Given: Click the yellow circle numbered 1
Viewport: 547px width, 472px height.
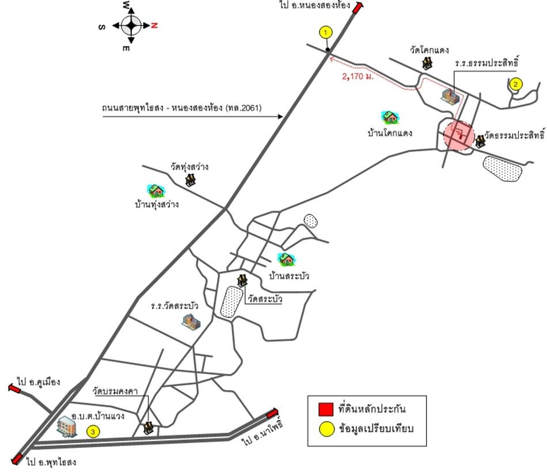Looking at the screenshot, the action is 325,32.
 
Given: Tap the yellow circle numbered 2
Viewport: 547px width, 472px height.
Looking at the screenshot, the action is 515,84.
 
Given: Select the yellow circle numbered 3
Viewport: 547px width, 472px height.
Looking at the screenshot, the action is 93,432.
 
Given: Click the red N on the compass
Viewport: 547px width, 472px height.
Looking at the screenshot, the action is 154,25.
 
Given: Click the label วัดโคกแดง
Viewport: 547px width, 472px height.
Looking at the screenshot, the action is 429,50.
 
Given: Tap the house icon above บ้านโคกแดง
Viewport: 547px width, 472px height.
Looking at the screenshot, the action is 390,118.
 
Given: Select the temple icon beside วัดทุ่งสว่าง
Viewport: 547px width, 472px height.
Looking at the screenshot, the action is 190,179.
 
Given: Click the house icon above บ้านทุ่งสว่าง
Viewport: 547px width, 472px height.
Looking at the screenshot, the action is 155,191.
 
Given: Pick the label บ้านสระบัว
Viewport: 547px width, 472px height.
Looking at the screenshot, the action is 289,276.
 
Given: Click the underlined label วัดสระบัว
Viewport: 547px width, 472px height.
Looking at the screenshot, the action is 265,299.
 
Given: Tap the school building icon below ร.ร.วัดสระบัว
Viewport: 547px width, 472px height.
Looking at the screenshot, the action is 191,321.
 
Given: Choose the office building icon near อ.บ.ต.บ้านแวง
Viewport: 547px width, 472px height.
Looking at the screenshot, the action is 67,426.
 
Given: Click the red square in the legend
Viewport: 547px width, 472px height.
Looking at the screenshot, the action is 325,410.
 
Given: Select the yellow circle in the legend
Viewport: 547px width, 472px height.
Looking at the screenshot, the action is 327,429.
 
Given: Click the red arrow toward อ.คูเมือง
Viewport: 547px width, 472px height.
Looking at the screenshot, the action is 14,388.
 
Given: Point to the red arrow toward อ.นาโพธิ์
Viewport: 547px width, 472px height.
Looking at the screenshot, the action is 272,414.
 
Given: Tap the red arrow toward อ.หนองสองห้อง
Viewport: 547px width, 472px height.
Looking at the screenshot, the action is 358,7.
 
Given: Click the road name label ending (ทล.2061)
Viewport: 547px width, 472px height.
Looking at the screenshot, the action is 181,108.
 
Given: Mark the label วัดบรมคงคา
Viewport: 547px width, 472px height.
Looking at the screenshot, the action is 115,391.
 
